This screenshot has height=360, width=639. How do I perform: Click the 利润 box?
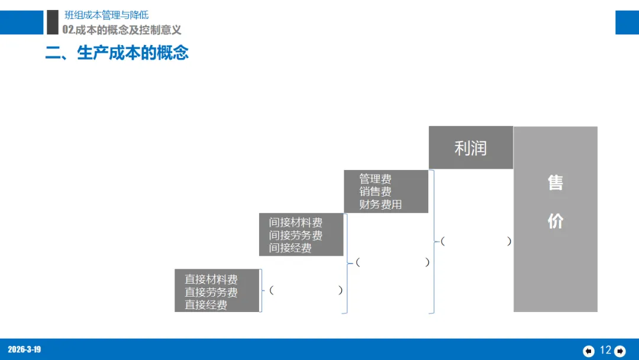coord(470,147)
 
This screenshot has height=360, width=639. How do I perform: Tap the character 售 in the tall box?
coord(555,182)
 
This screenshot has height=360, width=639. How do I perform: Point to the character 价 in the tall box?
coord(555,221)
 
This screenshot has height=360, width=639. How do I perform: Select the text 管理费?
coord(375,179)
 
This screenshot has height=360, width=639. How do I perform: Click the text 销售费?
coord(375,191)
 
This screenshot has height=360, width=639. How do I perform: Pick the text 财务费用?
coord(380,204)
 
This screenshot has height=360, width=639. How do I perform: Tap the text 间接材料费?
coord(296,223)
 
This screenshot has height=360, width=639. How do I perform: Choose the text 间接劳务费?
coord(296,236)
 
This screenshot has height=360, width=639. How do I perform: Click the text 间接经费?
coord(291,248)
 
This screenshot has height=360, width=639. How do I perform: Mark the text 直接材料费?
coord(211,279)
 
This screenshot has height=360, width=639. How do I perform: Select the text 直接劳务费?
coord(211,292)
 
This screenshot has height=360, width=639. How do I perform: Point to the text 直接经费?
coord(206,305)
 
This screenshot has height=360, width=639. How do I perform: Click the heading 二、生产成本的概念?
coord(117,53)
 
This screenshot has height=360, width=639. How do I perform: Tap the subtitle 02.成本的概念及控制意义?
coord(122,30)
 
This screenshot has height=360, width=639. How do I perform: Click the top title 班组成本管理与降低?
coord(106,15)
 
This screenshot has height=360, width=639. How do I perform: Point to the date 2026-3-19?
coord(24,349)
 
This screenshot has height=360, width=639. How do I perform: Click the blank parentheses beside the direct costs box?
coord(306,290)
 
